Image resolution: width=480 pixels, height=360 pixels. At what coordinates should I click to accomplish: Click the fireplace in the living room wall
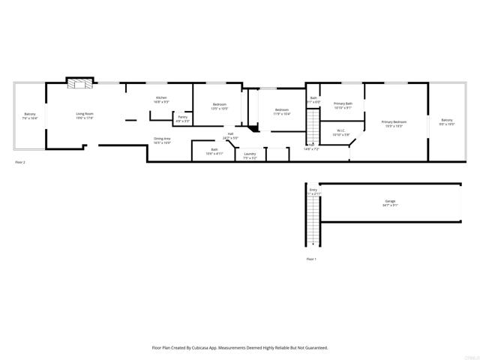coord(79,83)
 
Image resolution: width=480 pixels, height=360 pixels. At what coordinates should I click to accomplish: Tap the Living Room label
coord(84,114)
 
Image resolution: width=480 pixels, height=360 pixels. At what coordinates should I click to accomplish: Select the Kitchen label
coord(161,98)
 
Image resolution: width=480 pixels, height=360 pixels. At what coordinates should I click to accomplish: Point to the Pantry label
coord(182,116)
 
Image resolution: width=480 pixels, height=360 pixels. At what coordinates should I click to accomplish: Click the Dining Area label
coord(162,138)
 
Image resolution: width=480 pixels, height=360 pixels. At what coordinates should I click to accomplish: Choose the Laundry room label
coord(250,154)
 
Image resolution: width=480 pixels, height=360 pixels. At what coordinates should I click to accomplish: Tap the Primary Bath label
coord(343,103)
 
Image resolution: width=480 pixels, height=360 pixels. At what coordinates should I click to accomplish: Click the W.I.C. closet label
coord(340,130)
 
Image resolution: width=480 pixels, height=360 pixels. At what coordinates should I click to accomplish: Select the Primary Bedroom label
coord(394,121)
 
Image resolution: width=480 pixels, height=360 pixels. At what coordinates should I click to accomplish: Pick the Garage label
coord(390,200)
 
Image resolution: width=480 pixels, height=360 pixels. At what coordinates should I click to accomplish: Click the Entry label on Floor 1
coord(313,190)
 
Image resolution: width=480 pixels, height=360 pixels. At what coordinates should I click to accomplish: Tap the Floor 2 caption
coord(20,162)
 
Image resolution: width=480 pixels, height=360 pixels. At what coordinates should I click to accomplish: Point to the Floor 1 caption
coord(311,259)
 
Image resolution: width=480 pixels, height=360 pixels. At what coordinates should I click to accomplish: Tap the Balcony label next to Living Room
coord(30,114)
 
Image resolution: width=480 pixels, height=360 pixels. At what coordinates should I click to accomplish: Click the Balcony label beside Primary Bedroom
coord(446,120)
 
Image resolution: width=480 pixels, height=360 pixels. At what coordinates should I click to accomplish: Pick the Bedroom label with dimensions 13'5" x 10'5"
coord(219,104)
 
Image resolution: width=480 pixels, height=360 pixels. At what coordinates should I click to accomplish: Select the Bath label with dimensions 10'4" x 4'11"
coord(214,149)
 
